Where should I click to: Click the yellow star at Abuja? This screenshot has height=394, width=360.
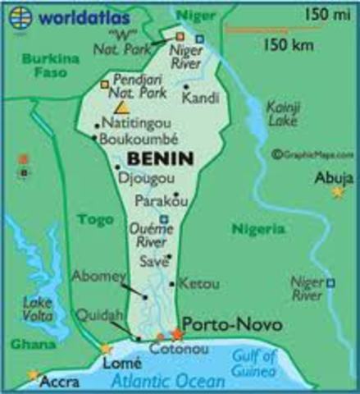338,192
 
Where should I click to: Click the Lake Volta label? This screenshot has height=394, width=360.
38,309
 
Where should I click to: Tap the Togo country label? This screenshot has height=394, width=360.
94,219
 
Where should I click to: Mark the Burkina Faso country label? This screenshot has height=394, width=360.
46,66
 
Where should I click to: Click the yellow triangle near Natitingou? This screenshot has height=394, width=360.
122,107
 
